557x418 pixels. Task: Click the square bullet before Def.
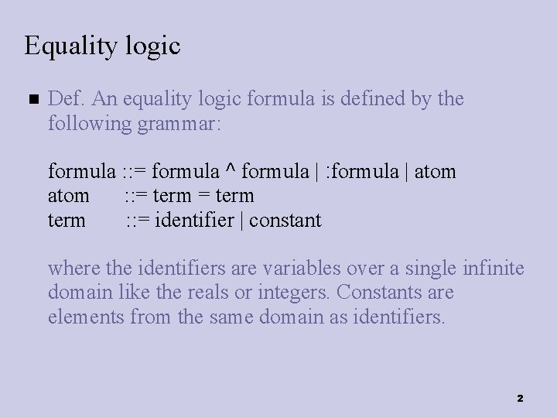[31, 101]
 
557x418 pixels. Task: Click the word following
[87, 123]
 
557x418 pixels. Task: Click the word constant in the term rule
[286, 220]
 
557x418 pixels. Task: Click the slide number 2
[520, 398]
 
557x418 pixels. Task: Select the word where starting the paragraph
[70, 269]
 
